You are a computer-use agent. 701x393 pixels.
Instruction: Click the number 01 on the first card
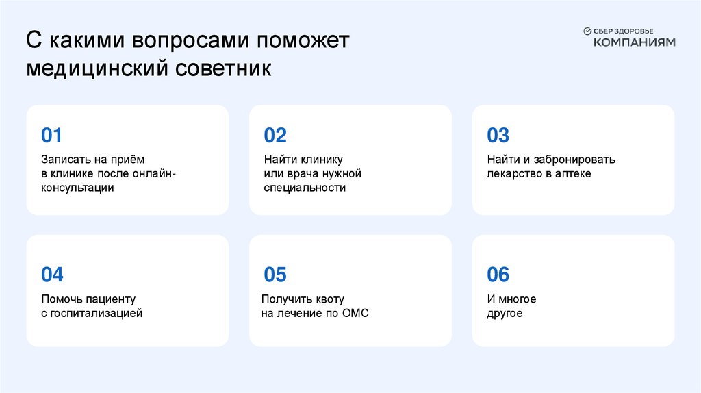coord(52,135)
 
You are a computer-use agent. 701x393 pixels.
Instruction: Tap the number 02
coord(275,135)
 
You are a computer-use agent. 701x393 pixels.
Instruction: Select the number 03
coord(498,135)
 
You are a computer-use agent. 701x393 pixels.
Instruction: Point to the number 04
coord(52,275)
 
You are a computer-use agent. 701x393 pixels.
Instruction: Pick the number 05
coord(275,275)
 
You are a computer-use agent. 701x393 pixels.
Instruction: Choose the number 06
coord(498,275)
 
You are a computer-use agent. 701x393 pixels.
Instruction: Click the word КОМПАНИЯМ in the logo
coord(634,42)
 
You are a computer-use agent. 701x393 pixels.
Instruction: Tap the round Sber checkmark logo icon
coord(587,31)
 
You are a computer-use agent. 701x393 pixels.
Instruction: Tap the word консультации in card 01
coord(77,188)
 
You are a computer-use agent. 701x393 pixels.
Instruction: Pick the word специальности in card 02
coord(305,188)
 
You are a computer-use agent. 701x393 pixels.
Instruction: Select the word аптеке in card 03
coord(574,174)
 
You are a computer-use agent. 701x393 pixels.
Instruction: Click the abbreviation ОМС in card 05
coord(355,314)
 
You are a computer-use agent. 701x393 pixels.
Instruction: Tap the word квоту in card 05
coord(330,299)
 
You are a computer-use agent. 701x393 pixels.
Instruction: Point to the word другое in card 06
coord(505,314)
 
